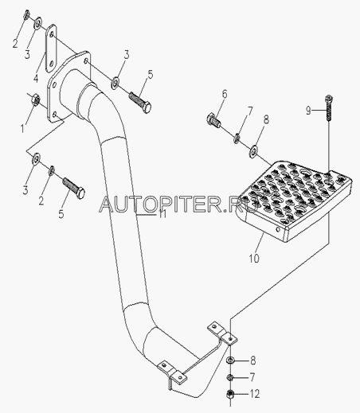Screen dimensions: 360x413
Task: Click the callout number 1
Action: [x=22, y=129]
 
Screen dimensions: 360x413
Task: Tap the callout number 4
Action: [x=36, y=78]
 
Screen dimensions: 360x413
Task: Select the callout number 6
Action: [x=225, y=95]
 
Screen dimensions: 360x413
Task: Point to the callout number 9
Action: [x=308, y=110]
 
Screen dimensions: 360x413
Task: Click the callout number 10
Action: [x=254, y=258]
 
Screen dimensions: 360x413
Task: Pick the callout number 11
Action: [x=162, y=213]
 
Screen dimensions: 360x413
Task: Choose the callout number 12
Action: [x=255, y=394]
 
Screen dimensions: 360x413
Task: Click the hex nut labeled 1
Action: [x=36, y=99]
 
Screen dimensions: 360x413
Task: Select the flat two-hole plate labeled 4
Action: [x=51, y=49]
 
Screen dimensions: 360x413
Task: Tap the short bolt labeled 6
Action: [x=213, y=120]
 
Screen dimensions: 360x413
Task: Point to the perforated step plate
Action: [x=293, y=201]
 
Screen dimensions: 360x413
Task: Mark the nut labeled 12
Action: [x=230, y=394]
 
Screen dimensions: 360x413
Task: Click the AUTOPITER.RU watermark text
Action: [x=178, y=205]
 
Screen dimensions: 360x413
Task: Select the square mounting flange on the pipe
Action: [x=68, y=87]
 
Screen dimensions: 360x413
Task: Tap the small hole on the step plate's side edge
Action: [x=278, y=228]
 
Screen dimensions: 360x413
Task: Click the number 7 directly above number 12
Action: [x=252, y=377]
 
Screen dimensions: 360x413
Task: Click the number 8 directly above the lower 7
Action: [x=252, y=360]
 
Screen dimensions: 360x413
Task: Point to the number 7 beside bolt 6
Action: [x=250, y=111]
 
